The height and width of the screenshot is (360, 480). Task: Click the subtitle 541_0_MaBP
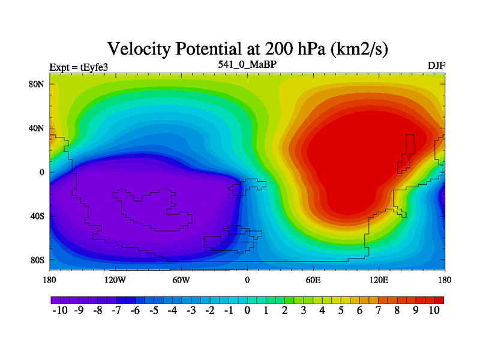tap(247, 64)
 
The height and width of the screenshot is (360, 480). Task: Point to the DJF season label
tap(436, 65)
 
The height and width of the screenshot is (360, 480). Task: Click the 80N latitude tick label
tap(37, 84)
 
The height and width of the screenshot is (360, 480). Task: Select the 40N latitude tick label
tap(37, 128)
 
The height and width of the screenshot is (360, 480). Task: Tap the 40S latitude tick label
tap(37, 216)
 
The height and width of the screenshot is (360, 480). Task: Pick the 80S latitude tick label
tap(37, 260)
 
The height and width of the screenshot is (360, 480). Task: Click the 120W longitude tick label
tap(115, 280)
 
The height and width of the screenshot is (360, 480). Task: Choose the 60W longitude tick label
tap(181, 280)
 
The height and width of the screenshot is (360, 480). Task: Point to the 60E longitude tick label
tap(313, 280)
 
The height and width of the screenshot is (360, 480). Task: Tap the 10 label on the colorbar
tap(434, 310)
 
